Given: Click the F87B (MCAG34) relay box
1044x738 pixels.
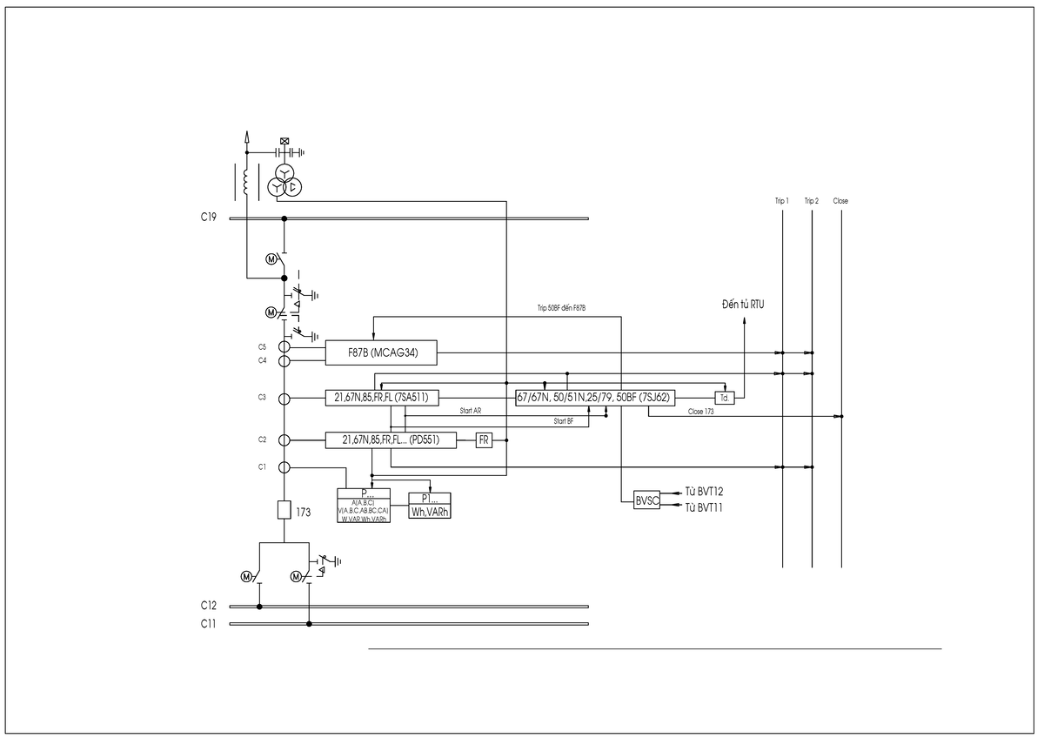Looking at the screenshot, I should tap(381, 352).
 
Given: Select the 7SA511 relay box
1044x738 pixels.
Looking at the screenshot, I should tap(381, 398).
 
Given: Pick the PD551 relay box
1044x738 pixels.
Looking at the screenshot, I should tap(391, 440).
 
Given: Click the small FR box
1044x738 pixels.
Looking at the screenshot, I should tap(484, 440).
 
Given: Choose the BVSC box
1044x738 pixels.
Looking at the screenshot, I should tap(646, 500).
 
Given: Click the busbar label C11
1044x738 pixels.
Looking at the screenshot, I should tap(208, 624).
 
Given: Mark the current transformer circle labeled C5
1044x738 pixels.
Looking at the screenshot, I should tap(284, 346).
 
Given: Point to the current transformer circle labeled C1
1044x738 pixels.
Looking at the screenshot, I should tap(284, 467).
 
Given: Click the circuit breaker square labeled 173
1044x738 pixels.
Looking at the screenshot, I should tap(284, 510).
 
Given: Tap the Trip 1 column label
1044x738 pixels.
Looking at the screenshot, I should tap(782, 201).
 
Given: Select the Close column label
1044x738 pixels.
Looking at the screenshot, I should tap(840, 201).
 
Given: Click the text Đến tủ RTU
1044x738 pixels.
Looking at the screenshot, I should tap(749, 304).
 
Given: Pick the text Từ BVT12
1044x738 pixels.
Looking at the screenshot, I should tap(704, 492).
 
